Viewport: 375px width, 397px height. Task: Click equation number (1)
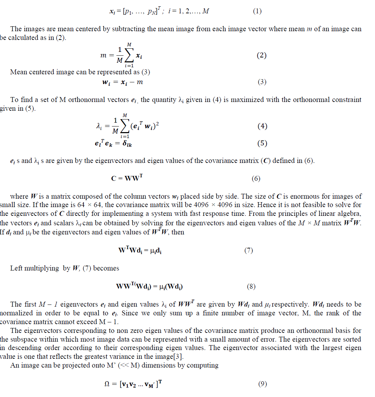[257, 11]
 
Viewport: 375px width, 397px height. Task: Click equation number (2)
[262, 56]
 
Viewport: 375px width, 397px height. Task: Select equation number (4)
[262, 126]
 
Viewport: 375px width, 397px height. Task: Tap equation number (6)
[256, 179]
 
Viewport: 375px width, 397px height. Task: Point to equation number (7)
[249, 251]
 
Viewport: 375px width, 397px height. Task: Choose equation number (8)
[251, 287]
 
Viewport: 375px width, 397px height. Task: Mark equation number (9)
[262, 384]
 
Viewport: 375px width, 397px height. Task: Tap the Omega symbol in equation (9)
[107, 384]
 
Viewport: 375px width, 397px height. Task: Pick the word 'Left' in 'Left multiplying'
[16, 268]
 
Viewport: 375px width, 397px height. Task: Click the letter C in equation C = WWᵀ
[114, 178]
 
